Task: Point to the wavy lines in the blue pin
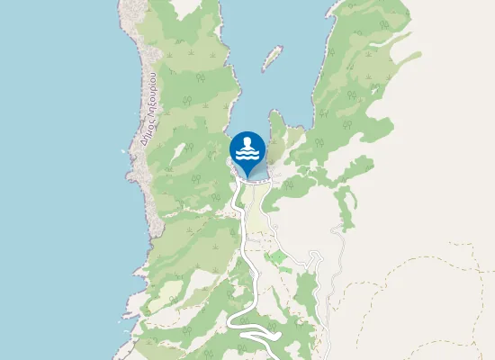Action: click(x=247, y=156)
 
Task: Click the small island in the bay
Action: click(x=270, y=59)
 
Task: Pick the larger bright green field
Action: click(x=277, y=258)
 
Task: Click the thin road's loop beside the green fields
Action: click(x=315, y=261)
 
